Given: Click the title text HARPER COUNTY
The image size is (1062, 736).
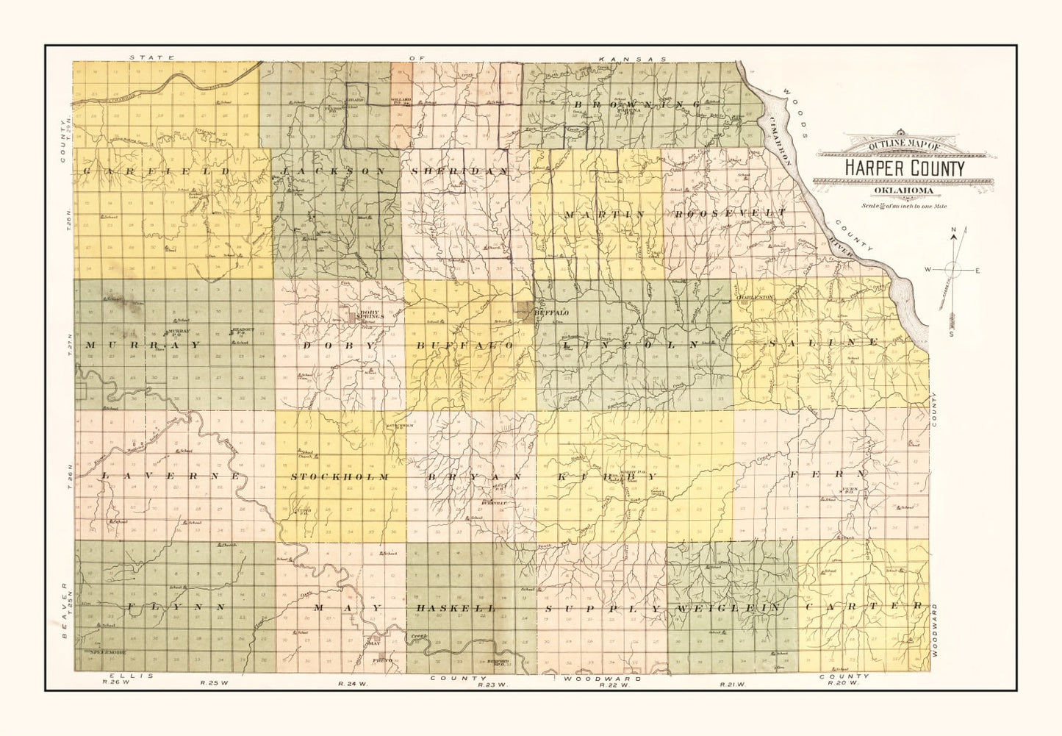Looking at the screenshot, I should [x=904, y=168].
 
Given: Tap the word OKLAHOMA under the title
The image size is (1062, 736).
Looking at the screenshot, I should [x=904, y=191].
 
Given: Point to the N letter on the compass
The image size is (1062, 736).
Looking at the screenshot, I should [x=954, y=231].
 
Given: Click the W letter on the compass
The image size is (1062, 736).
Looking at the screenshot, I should [x=928, y=270].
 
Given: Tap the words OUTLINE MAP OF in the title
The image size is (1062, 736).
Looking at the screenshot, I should [x=904, y=146].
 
